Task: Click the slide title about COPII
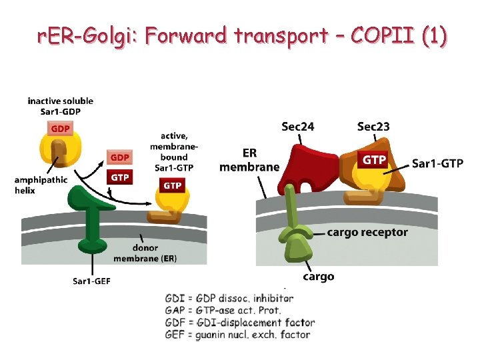(x=241, y=36)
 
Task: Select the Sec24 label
(x=298, y=126)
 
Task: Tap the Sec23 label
(x=373, y=126)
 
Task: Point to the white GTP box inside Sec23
(x=373, y=160)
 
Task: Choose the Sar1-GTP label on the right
(x=437, y=163)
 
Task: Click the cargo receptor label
(x=367, y=233)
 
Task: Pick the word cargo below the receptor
(x=319, y=276)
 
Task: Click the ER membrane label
(x=249, y=161)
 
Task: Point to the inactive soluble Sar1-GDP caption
(x=60, y=105)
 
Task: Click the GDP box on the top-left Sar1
(x=59, y=128)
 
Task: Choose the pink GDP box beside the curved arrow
(x=119, y=157)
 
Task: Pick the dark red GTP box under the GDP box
(x=119, y=177)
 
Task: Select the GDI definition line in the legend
(x=229, y=298)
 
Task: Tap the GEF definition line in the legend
(x=237, y=335)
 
